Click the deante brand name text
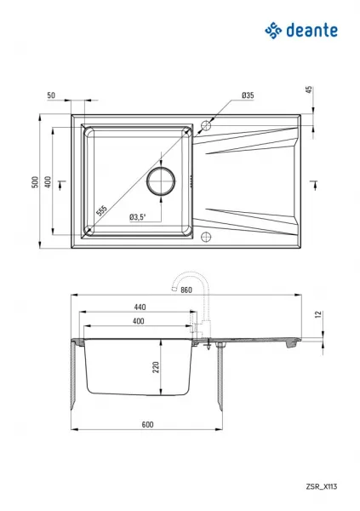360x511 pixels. coord(311,31)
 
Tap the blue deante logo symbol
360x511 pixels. coord(273,31)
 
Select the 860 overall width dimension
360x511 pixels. coord(186,290)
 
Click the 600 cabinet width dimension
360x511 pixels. coord(147,424)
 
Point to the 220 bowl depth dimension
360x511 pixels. coord(157,367)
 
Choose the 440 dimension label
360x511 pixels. coord(140,307)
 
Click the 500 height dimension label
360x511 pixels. coord(35,182)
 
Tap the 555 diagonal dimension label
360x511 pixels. coord(101,210)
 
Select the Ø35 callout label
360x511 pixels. coord(248,95)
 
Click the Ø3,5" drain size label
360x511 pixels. coord(138,216)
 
